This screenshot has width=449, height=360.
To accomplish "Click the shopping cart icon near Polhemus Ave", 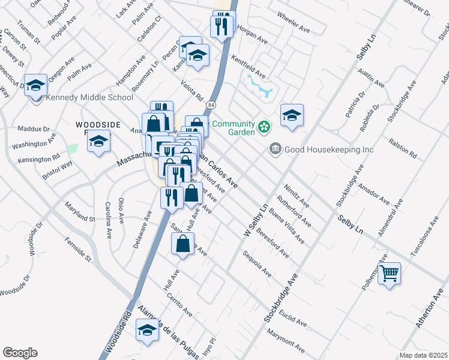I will click(390, 274).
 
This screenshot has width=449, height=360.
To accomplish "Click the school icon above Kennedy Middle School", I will click(35, 85).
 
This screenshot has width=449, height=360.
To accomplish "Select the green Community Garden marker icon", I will click(263, 126).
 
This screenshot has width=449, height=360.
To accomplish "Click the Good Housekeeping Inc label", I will click(330, 149).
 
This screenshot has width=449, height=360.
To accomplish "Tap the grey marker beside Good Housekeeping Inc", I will click(276, 148).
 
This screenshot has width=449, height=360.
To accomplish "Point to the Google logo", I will click(20, 353).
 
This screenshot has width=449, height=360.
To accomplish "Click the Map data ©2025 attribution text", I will click(424, 355).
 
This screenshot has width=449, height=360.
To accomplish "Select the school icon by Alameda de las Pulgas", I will click(147, 330).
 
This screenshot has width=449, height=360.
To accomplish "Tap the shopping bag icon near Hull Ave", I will click(183, 244).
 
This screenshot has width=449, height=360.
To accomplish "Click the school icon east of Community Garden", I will click(292, 115).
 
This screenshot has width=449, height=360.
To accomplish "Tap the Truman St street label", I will click(29, 32).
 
